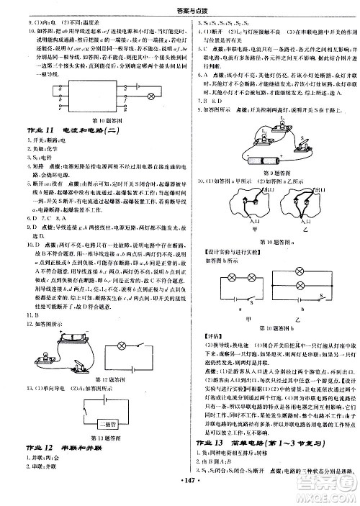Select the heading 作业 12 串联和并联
click(x=61, y=448)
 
